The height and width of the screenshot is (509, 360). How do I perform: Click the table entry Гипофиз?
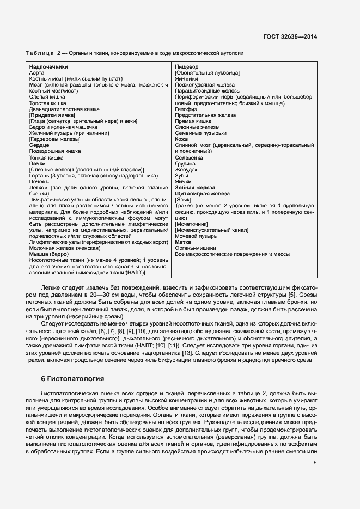186,109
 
